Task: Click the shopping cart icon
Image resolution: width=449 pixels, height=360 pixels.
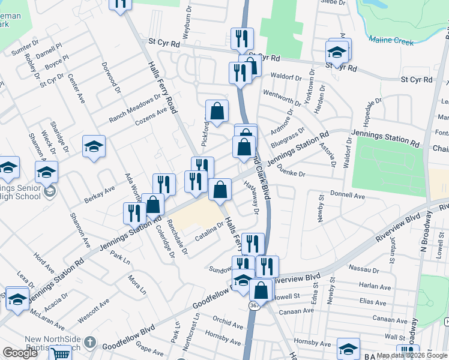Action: point(60,354)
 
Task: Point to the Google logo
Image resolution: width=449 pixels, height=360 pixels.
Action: point(20,353)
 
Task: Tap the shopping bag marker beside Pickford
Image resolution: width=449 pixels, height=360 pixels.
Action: point(218,111)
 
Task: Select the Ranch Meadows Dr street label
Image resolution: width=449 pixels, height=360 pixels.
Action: point(131,110)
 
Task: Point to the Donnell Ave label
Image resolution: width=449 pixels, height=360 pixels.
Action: point(348,196)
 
